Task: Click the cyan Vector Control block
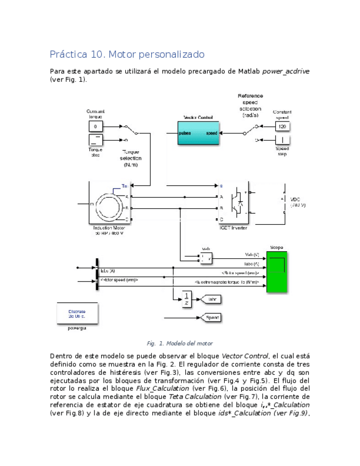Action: [197, 133]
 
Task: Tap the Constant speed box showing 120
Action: [282, 126]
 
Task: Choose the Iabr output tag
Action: [212, 299]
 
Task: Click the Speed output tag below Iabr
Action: [212, 317]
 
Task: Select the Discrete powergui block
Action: [77, 313]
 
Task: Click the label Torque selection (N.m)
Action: [131, 158]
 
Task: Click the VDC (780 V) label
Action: [297, 202]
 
